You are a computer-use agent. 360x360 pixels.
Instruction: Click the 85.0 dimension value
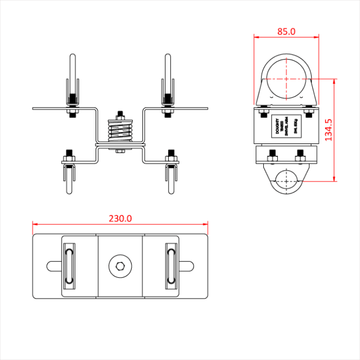[x=286, y=31]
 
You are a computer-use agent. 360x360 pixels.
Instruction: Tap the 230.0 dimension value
[x=120, y=219]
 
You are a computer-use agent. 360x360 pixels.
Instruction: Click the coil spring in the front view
[x=120, y=131]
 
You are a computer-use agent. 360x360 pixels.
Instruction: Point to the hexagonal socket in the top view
[x=120, y=266]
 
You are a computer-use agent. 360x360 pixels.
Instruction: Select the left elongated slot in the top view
[x=68, y=266]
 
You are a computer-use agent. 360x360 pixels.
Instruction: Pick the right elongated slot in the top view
[x=172, y=266]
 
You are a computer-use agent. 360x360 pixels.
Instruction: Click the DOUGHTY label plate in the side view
[x=286, y=126]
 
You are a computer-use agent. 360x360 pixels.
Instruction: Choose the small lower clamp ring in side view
[x=286, y=180]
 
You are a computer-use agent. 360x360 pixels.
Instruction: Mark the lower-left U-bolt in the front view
[x=69, y=177]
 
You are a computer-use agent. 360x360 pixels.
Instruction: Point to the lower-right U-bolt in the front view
[x=171, y=177]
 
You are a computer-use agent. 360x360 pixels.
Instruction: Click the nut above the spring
[x=120, y=114]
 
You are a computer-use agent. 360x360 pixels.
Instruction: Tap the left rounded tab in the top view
[x=55, y=266]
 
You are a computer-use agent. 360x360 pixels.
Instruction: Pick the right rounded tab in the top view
[x=186, y=266]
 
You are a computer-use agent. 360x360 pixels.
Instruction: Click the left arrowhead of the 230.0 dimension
[x=34, y=224]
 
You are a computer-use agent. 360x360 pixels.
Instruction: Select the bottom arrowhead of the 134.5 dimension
[x=335, y=178]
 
